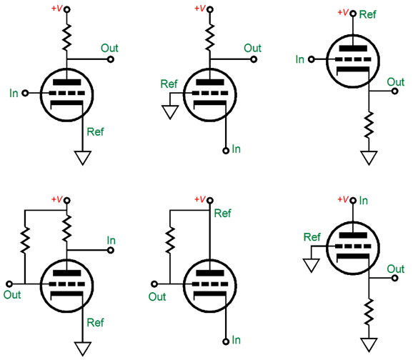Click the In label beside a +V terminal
point(364,201)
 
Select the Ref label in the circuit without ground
point(222,214)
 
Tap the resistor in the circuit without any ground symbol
point(170,239)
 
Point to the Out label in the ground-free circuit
point(157,297)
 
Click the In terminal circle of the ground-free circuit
point(226,342)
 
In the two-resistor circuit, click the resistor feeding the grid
point(25,239)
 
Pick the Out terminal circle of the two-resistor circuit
point(9,284)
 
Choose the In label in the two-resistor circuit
point(111,241)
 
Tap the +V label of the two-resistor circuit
point(57,199)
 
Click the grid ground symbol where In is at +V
point(312,266)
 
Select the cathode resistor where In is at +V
point(369,312)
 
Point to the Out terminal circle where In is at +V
point(394,278)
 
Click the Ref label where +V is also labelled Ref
point(368,14)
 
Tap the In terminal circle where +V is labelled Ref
point(312,59)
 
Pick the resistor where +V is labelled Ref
point(369,125)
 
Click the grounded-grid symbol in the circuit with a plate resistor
point(170,112)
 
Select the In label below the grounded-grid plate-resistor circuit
point(237,149)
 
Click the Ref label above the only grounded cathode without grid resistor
point(95,131)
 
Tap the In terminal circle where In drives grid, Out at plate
point(25,93)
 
